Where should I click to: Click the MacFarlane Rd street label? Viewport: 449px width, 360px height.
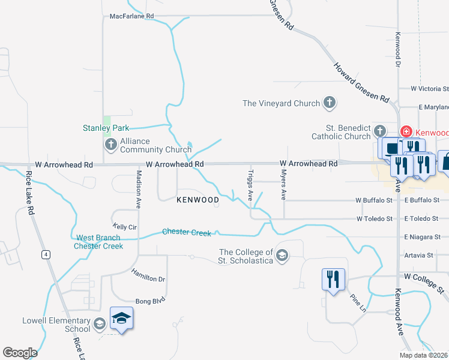click(132, 16)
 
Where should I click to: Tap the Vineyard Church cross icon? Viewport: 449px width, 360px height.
click(329, 103)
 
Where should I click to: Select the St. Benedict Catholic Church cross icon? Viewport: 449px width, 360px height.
click(379, 131)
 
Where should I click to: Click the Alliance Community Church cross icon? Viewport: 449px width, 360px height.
click(110, 145)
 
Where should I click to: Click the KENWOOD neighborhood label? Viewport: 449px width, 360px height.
click(197, 200)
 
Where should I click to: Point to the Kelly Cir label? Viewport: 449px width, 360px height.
click(125, 227)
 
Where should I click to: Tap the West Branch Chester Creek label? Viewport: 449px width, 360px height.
click(98, 242)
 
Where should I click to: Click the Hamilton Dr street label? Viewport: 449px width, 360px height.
click(148, 275)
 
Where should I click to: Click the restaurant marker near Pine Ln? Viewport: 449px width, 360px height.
click(334, 280)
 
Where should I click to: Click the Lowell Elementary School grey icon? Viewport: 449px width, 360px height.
click(100, 325)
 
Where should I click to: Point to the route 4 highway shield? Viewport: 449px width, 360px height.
click(44, 254)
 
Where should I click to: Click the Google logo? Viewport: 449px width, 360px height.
click(20, 353)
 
